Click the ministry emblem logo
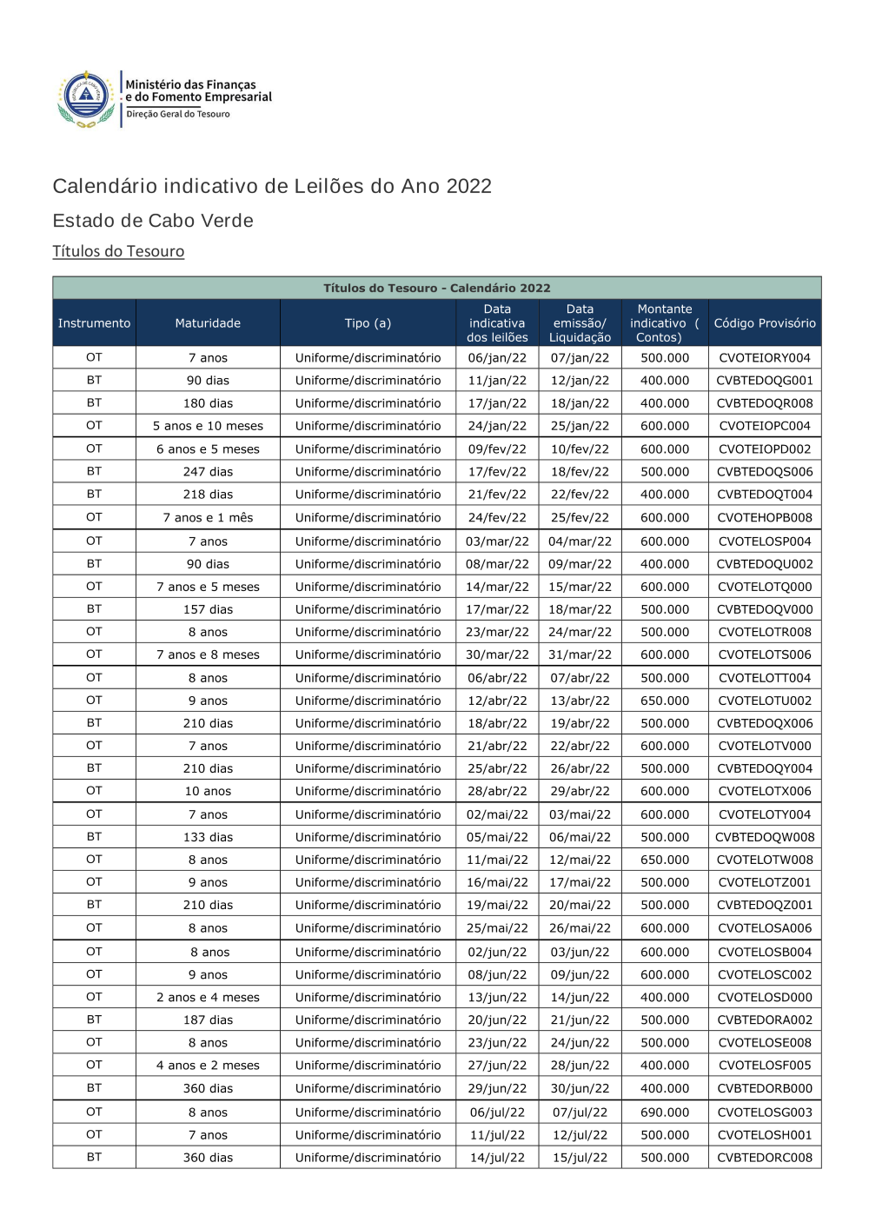86,99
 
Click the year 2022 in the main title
468,186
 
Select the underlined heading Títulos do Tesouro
118,251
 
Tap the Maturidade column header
208,323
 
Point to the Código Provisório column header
765,323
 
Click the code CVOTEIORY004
765,358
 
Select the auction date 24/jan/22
497,426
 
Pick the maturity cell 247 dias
208,472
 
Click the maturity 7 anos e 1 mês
208,517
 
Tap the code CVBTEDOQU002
765,564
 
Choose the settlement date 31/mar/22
580,654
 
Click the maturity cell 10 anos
208,791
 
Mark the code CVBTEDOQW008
765,837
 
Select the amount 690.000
665,1113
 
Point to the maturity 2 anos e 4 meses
208,998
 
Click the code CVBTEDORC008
765,1158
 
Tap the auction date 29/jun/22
497,1088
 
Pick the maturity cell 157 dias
208,609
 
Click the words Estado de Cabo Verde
153,221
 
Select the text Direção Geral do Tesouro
178,114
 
